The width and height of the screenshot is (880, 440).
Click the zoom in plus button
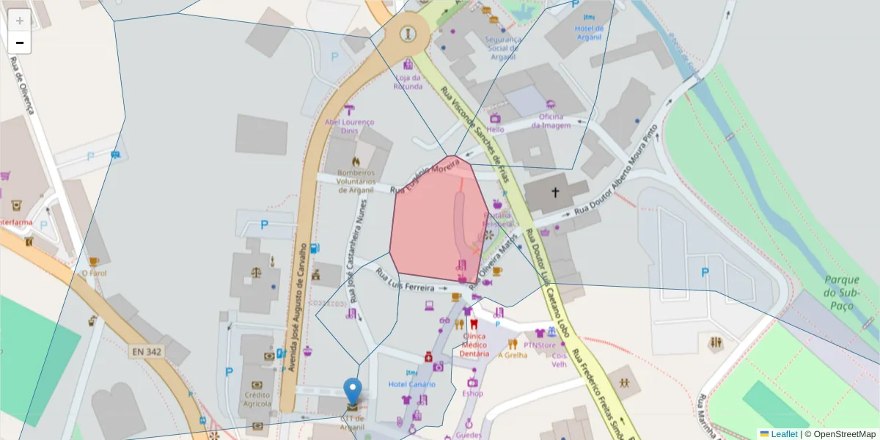click(20, 21)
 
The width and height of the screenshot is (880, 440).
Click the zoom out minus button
click(20, 43)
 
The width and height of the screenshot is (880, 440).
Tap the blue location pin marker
click(353, 391)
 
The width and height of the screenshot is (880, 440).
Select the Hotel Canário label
click(411, 384)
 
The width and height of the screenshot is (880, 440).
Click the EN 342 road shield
click(147, 352)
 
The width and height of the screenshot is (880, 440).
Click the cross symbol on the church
click(555, 193)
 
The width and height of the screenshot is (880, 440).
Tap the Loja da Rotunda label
click(408, 82)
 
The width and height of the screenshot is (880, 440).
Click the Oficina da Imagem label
click(551, 121)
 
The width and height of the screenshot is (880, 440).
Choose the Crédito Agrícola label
click(257, 399)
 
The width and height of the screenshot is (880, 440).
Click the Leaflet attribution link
click(784, 434)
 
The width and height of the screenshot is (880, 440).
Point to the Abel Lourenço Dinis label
click(349, 126)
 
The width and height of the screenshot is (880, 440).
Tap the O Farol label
click(95, 273)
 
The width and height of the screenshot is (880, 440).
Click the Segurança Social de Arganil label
click(503, 48)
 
